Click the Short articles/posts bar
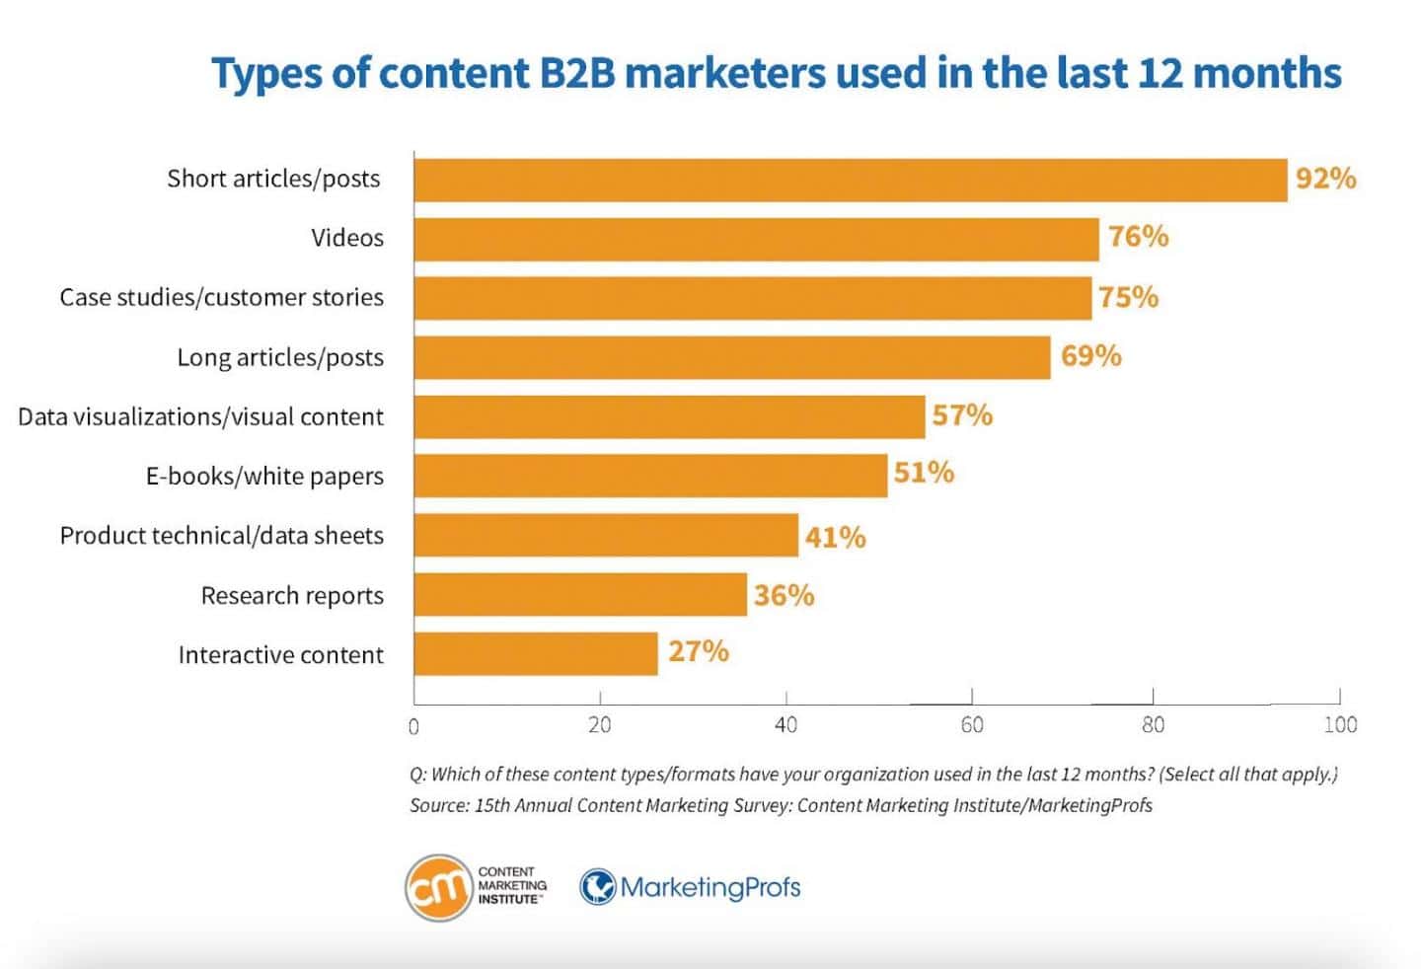pos(850,180)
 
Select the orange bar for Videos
pos(756,239)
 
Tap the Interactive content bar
pos(536,653)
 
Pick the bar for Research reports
pos(580,594)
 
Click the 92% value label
pos(1325,179)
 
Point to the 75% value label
pos(1128,297)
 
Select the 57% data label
pos(962,415)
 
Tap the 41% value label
pos(835,537)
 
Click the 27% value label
pos(698,651)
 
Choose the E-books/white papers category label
pos(264,476)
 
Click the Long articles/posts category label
pos(280,357)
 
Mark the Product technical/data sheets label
pos(221,536)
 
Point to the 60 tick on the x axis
pos(972,725)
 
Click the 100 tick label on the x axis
pos(1340,725)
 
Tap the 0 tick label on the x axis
pos(413,727)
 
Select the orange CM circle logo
pos(437,887)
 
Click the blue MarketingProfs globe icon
pos(597,886)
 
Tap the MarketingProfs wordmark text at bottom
pos(710,887)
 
